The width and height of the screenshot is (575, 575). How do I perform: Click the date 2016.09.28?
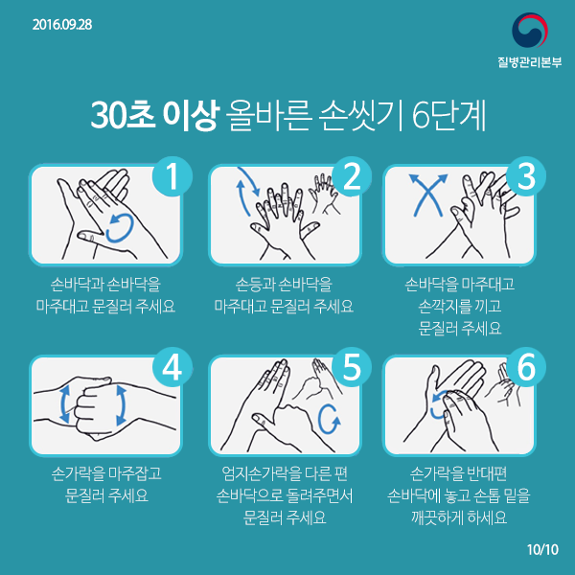point(62,25)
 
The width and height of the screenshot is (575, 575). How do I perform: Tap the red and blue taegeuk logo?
point(530,30)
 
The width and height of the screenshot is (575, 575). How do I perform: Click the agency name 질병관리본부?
point(530,62)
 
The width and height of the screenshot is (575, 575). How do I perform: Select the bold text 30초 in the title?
point(123,115)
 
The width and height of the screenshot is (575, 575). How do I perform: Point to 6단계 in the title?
point(448,115)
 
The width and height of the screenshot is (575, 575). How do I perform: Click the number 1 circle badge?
point(172,176)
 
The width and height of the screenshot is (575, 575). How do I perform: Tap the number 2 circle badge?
point(352,176)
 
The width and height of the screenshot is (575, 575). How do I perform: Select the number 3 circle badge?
point(526,176)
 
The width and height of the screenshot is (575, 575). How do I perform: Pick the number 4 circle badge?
point(172,367)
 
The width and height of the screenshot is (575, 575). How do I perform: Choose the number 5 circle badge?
point(352,367)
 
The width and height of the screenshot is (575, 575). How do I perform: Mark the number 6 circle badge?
point(526,367)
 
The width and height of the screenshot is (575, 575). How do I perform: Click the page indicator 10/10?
point(542,550)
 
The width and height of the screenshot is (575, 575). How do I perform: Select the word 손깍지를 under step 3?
point(445,306)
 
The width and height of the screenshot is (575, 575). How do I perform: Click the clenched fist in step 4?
point(95,408)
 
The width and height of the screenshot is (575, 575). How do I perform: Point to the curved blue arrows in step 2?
point(248,191)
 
